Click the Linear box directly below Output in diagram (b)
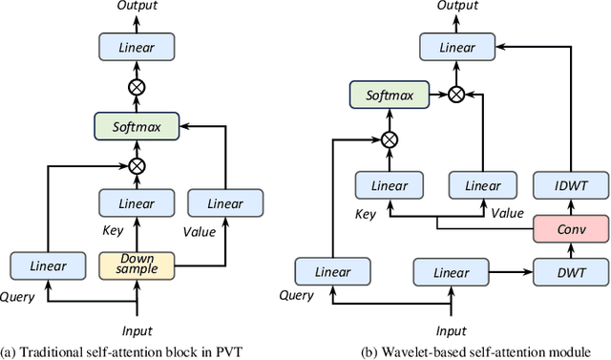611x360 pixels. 456,46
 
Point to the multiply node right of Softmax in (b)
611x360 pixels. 456,95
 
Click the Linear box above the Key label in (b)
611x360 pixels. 389,184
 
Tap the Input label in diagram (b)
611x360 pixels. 451,330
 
